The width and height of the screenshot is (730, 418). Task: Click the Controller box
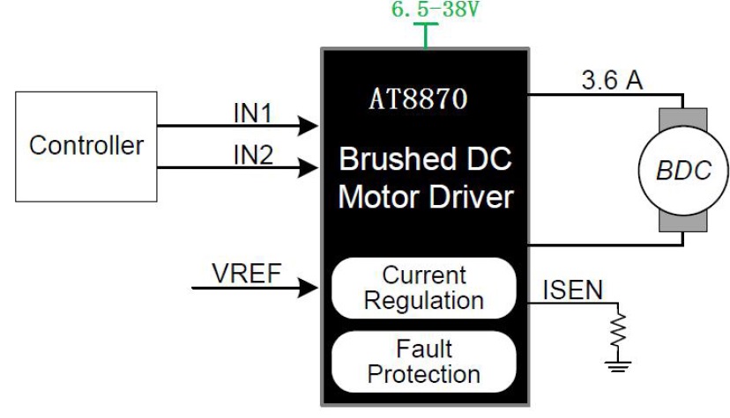point(86,144)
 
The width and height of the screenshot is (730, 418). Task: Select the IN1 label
point(253,113)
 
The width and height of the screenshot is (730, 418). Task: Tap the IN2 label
point(253,155)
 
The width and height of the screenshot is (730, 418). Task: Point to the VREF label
point(246,274)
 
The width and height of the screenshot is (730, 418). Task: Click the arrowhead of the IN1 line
point(309,126)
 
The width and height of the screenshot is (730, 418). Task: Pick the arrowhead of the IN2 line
point(309,166)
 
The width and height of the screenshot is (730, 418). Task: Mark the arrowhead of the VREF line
point(309,287)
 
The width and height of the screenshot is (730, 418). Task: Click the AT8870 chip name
point(417,99)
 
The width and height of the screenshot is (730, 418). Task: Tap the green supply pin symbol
point(426,34)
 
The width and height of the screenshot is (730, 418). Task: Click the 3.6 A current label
point(612,81)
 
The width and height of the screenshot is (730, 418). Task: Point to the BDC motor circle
point(683,170)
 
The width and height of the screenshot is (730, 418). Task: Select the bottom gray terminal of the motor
point(683,226)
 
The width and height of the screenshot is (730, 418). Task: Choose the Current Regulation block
point(424,288)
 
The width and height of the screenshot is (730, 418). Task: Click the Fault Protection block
point(424,361)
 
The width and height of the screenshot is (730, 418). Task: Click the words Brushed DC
point(425,161)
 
